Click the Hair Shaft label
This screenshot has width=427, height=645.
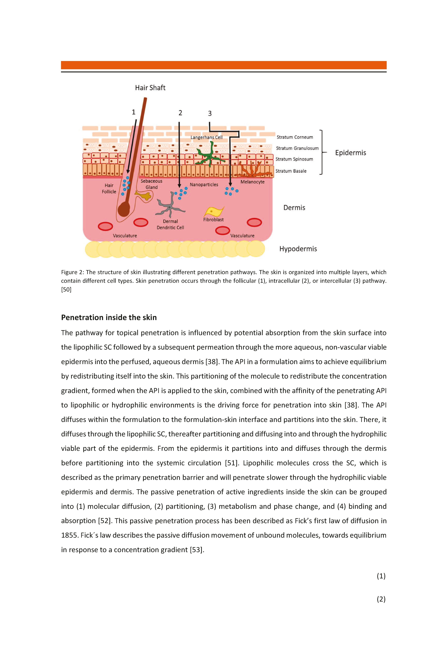150,88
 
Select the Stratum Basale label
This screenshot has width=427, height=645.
291,171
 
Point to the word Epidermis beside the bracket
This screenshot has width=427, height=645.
350,153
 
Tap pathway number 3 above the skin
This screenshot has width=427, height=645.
210,113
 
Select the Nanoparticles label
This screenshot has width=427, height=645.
204,185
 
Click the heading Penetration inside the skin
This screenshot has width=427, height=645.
109,318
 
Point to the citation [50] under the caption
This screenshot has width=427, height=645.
66,289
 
